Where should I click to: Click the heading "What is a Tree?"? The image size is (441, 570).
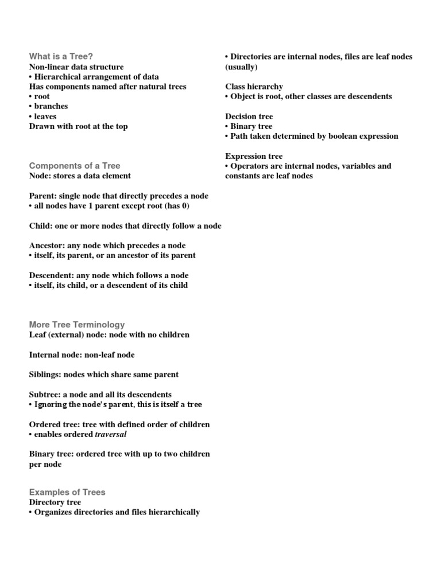coord(61,56)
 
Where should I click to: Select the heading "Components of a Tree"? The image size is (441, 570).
coord(75,166)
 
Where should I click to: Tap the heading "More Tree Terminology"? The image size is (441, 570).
coord(77,325)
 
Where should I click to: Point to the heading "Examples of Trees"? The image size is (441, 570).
coord(67,492)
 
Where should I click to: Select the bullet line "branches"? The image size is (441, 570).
coord(49,106)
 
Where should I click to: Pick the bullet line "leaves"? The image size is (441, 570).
coord(43,116)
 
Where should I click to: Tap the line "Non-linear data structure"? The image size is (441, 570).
coord(76,67)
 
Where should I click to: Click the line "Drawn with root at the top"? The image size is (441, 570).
coord(79,126)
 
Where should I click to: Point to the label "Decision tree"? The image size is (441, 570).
coord(249,116)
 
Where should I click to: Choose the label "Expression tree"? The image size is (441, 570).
coord(254,156)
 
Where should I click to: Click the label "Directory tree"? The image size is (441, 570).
coord(55,502)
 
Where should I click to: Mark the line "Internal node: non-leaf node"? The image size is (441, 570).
coord(82,355)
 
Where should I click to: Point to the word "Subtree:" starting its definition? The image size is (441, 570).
coord(44,395)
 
